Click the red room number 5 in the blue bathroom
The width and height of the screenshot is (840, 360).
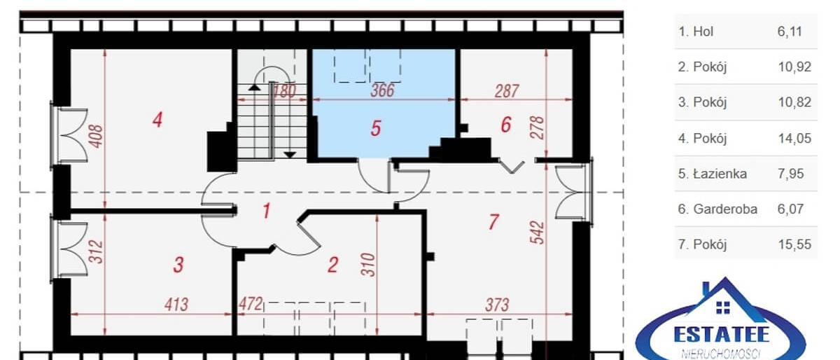point(376,128)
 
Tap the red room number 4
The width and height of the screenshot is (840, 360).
point(157,120)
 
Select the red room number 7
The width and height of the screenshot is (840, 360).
point(493,222)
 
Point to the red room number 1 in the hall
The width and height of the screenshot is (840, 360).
point(266,211)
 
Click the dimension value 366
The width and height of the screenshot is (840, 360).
point(382,90)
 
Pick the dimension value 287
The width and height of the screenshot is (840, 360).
point(507,91)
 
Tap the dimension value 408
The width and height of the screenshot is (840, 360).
point(97,137)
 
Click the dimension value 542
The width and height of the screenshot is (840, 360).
point(538,233)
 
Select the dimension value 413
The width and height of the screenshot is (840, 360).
point(176,305)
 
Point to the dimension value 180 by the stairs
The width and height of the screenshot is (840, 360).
point(285,91)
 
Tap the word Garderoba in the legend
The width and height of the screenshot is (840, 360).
point(725,209)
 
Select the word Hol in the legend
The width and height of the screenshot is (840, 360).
point(703,32)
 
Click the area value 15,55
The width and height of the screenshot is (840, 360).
point(794,244)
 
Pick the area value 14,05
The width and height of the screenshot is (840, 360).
point(794,139)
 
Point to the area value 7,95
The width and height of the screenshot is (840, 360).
point(790,174)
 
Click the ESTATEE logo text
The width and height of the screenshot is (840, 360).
point(722,335)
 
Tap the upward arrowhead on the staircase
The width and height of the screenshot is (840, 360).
point(254,88)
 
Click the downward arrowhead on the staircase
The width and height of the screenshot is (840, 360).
point(290,155)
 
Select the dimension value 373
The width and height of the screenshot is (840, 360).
point(497,305)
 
